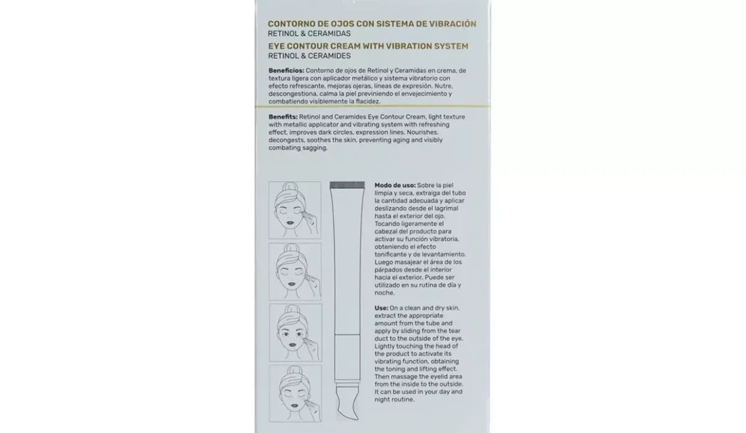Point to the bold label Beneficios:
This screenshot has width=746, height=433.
point(286,70)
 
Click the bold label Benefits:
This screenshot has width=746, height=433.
point(283,117)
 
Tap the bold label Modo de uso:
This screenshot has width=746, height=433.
point(395,185)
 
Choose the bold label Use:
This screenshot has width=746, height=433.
point(381,308)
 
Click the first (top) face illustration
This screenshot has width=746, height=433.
point(295,209)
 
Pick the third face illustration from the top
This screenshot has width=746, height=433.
point(295,330)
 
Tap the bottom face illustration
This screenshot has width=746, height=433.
point(295,391)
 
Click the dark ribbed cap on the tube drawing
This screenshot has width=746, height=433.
point(347,185)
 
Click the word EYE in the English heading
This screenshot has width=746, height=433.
point(277,46)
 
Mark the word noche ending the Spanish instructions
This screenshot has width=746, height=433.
point(385,293)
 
